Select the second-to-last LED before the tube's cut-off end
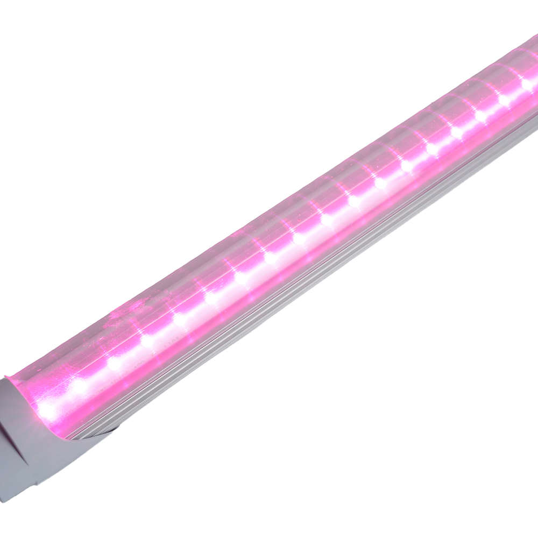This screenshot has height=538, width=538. [x=505, y=100]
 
